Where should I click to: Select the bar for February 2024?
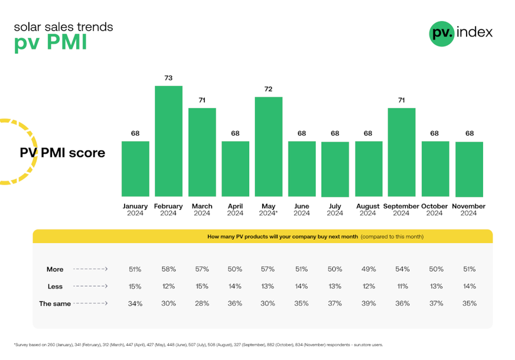[168, 141]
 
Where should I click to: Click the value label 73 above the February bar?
[168, 78]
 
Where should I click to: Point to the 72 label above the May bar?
[268, 89]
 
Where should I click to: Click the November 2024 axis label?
[468, 210]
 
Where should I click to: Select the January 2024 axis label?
[135, 210]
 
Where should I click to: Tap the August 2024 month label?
[368, 210]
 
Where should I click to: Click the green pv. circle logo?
[442, 33]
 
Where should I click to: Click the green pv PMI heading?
[50, 44]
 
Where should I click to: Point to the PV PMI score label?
[63, 153]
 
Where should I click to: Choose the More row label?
[55, 269]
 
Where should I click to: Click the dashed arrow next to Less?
[90, 286]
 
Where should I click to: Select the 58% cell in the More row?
[168, 269]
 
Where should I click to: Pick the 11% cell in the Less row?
[401, 286]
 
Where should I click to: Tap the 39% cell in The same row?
[368, 303]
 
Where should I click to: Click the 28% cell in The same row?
[202, 303]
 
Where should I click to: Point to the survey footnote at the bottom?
[198, 345]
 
